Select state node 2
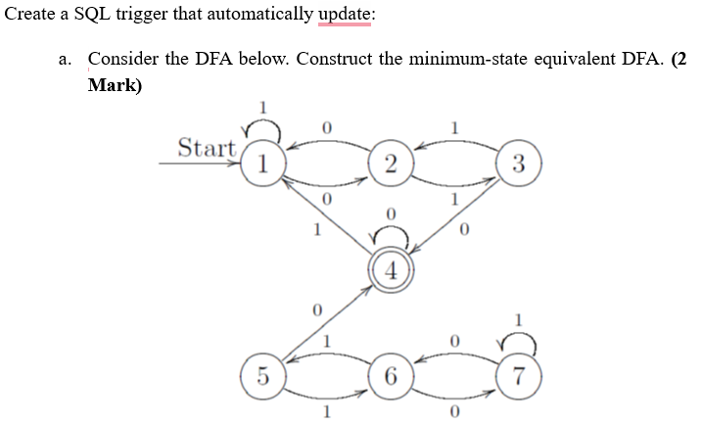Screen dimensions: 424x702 (390, 164)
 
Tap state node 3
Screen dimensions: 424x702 (520, 164)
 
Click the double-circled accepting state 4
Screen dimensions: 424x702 (390, 270)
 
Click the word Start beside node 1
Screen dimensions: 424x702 (207, 149)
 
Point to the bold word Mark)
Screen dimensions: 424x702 (115, 84)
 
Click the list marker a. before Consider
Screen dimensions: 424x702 (66, 59)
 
